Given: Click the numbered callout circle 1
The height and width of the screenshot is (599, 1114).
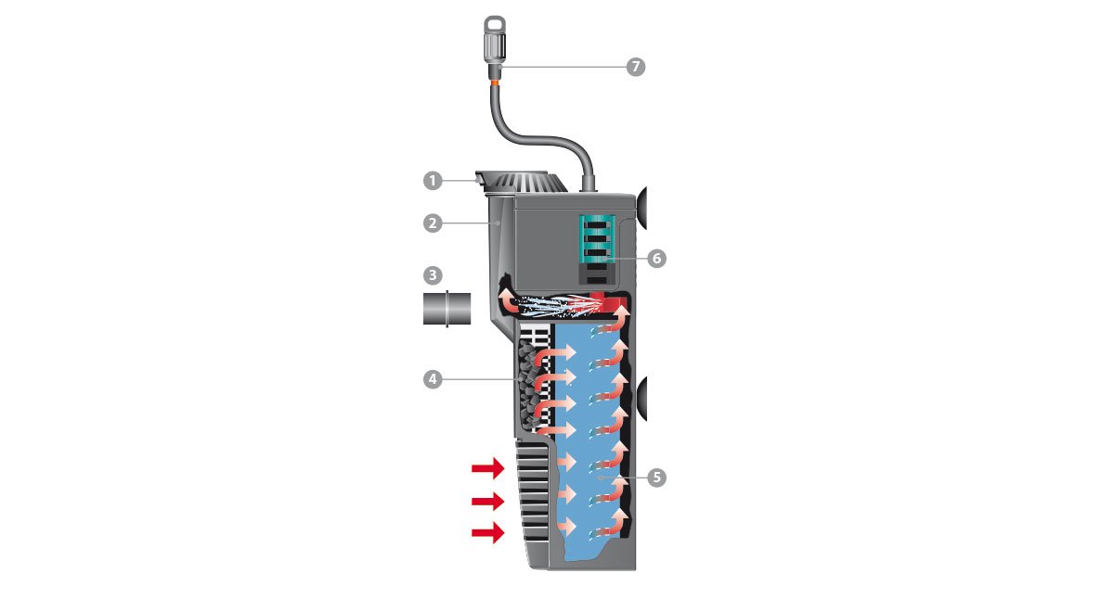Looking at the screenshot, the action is click(433, 180).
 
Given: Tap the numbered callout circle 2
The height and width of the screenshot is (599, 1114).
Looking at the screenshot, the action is click(433, 223).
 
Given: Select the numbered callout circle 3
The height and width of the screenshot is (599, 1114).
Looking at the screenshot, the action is click(433, 275).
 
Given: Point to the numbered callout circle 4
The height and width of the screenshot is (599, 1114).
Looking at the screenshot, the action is click(433, 380).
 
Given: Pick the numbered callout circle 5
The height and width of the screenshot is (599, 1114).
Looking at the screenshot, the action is click(657, 478).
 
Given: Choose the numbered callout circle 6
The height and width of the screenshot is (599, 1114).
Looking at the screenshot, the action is click(657, 259).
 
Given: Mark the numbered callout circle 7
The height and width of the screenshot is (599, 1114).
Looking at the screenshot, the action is click(636, 67).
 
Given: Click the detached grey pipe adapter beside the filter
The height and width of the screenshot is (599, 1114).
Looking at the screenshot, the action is click(447, 309).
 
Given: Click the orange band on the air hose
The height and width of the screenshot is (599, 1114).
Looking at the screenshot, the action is click(496, 81).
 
